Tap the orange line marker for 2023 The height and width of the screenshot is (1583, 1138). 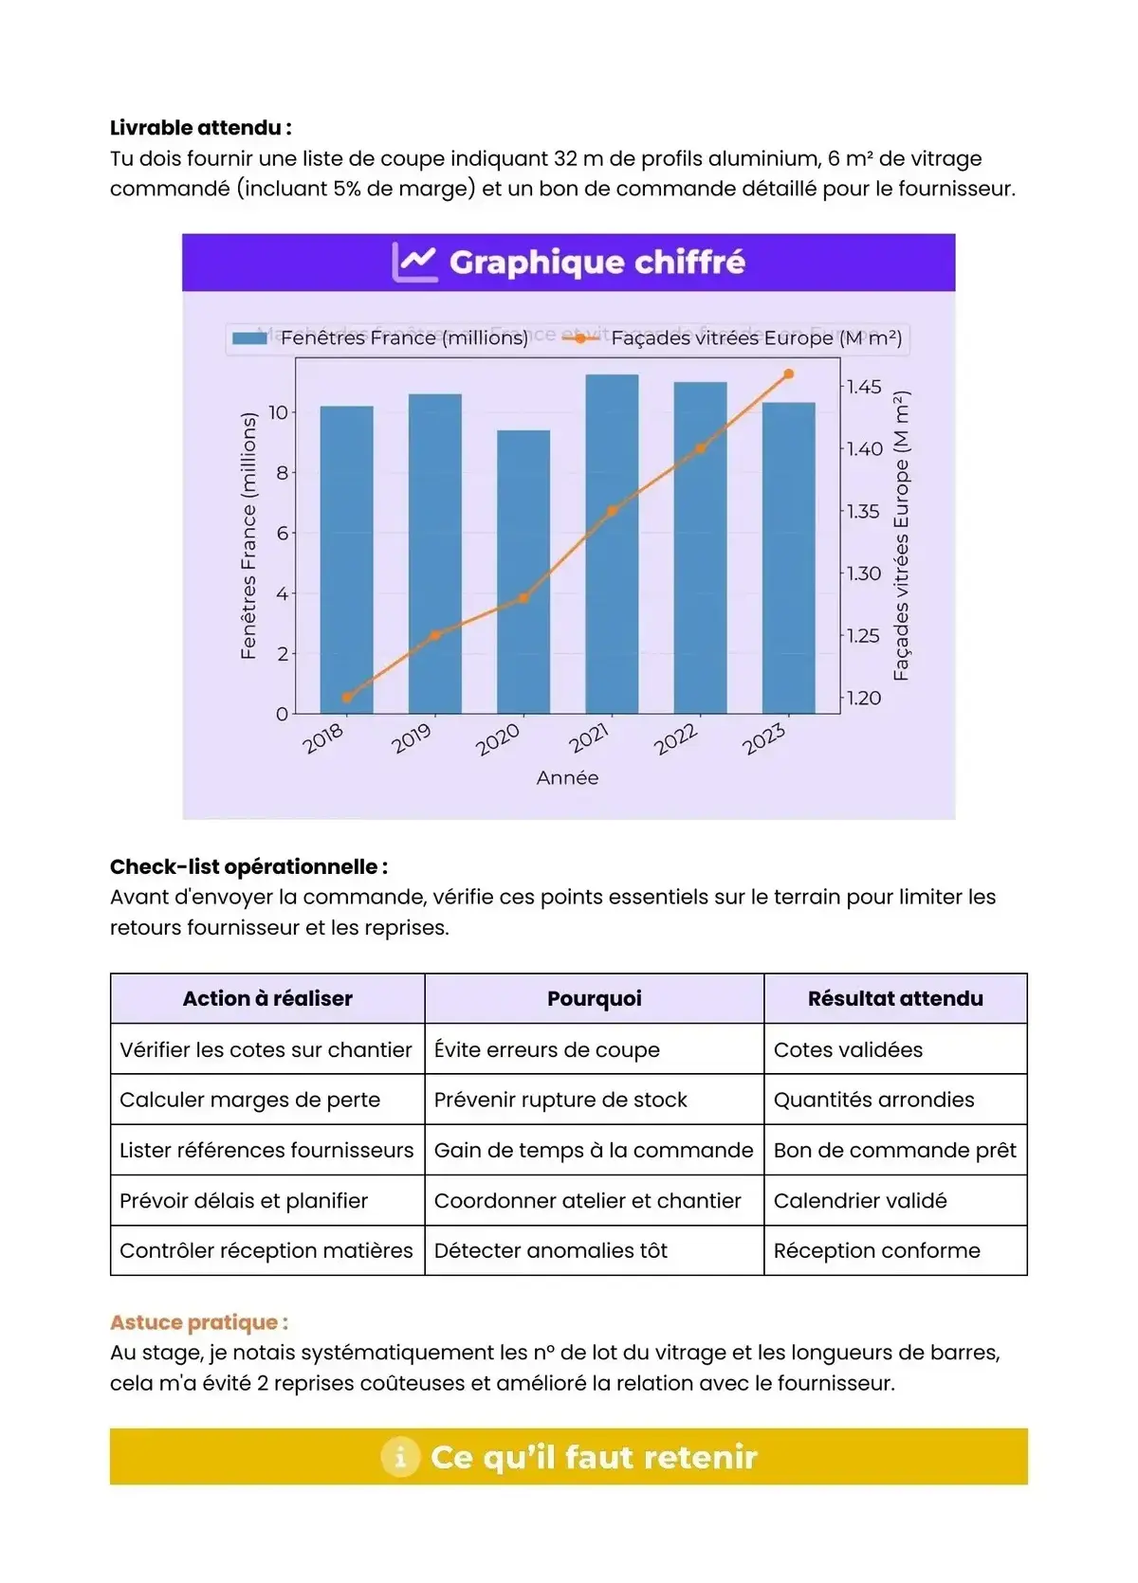(788, 374)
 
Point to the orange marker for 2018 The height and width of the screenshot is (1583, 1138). (347, 698)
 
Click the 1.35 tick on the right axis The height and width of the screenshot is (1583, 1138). (863, 512)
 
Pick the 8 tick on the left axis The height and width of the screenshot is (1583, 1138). (282, 473)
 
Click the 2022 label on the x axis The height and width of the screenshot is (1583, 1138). (675, 739)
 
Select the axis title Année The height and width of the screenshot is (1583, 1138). (567, 778)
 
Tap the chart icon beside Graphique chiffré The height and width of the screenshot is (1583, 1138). (414, 263)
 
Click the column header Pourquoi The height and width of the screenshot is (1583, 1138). (595, 999)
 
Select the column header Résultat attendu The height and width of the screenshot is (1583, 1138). (895, 999)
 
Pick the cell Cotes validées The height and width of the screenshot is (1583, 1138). (848, 1050)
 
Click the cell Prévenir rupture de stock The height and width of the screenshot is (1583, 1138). (560, 1101)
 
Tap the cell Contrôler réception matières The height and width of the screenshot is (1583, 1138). (266, 1251)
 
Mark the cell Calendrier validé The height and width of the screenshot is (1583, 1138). (860, 1201)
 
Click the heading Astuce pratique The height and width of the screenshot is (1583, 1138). (199, 1322)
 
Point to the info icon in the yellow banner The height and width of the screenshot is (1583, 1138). (400, 1457)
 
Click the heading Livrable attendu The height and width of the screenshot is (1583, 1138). (201, 128)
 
